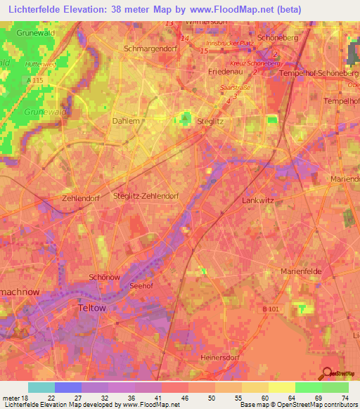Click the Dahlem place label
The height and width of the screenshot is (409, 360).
tap(126, 121)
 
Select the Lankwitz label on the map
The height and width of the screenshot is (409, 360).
tap(257, 200)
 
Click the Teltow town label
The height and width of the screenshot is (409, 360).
tap(92, 308)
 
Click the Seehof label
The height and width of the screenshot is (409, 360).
tap(141, 286)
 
